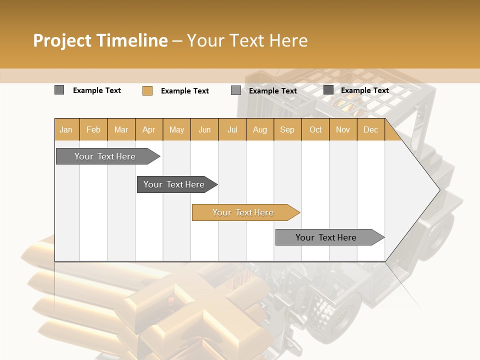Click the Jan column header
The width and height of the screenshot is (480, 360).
tap(66, 130)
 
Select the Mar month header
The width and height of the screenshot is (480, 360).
tap(121, 130)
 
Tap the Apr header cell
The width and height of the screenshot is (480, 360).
tap(149, 130)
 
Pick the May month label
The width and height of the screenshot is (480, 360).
tap(176, 130)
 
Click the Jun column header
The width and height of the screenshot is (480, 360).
tap(204, 130)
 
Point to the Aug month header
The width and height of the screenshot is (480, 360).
tap(259, 130)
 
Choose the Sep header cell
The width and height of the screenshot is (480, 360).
tap(287, 130)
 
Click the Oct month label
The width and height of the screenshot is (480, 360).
tap(315, 130)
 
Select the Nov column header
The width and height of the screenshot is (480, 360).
tap(343, 130)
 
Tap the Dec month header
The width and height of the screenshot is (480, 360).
tap(370, 130)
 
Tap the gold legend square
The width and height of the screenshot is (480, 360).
tap(147, 90)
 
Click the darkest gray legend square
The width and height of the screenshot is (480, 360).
tap(328, 90)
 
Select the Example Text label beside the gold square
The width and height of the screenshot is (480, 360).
tap(185, 91)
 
